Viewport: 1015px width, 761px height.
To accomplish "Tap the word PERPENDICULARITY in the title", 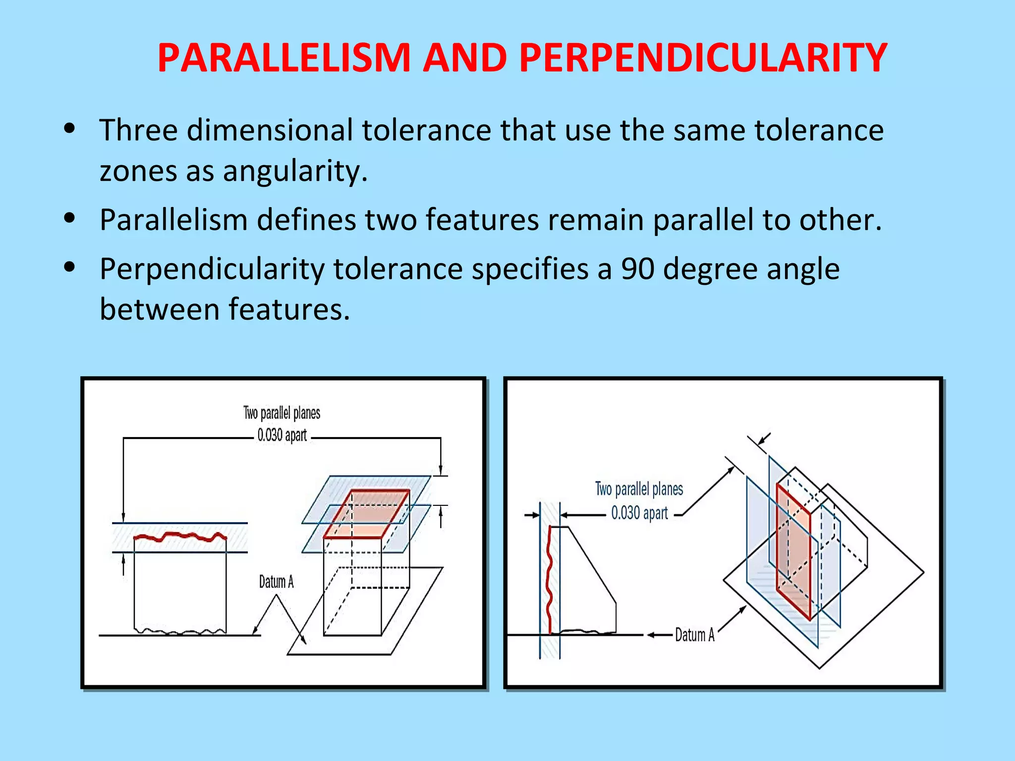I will (x=703, y=58).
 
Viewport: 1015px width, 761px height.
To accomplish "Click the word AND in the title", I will (x=464, y=58).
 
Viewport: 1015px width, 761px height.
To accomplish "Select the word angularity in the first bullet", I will (x=294, y=171).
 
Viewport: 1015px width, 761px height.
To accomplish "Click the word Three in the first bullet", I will (x=138, y=130).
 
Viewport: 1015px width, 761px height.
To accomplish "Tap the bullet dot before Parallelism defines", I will (x=69, y=217).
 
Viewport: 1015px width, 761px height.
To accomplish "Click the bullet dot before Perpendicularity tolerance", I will (x=69, y=267).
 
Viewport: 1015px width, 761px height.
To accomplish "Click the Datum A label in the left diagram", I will (x=276, y=582).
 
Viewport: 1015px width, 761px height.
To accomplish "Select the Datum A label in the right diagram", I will (x=694, y=635).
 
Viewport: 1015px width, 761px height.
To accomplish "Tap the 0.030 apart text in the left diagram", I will (x=282, y=435).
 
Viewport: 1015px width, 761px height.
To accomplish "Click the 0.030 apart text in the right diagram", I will (x=639, y=513).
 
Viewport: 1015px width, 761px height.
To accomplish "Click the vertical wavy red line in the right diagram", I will (x=549, y=580).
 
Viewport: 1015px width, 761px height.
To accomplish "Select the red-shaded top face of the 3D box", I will (x=367, y=514).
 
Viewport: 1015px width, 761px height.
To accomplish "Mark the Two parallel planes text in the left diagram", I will (x=282, y=413).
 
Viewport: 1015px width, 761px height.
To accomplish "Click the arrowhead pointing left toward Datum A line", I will (x=651, y=635).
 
